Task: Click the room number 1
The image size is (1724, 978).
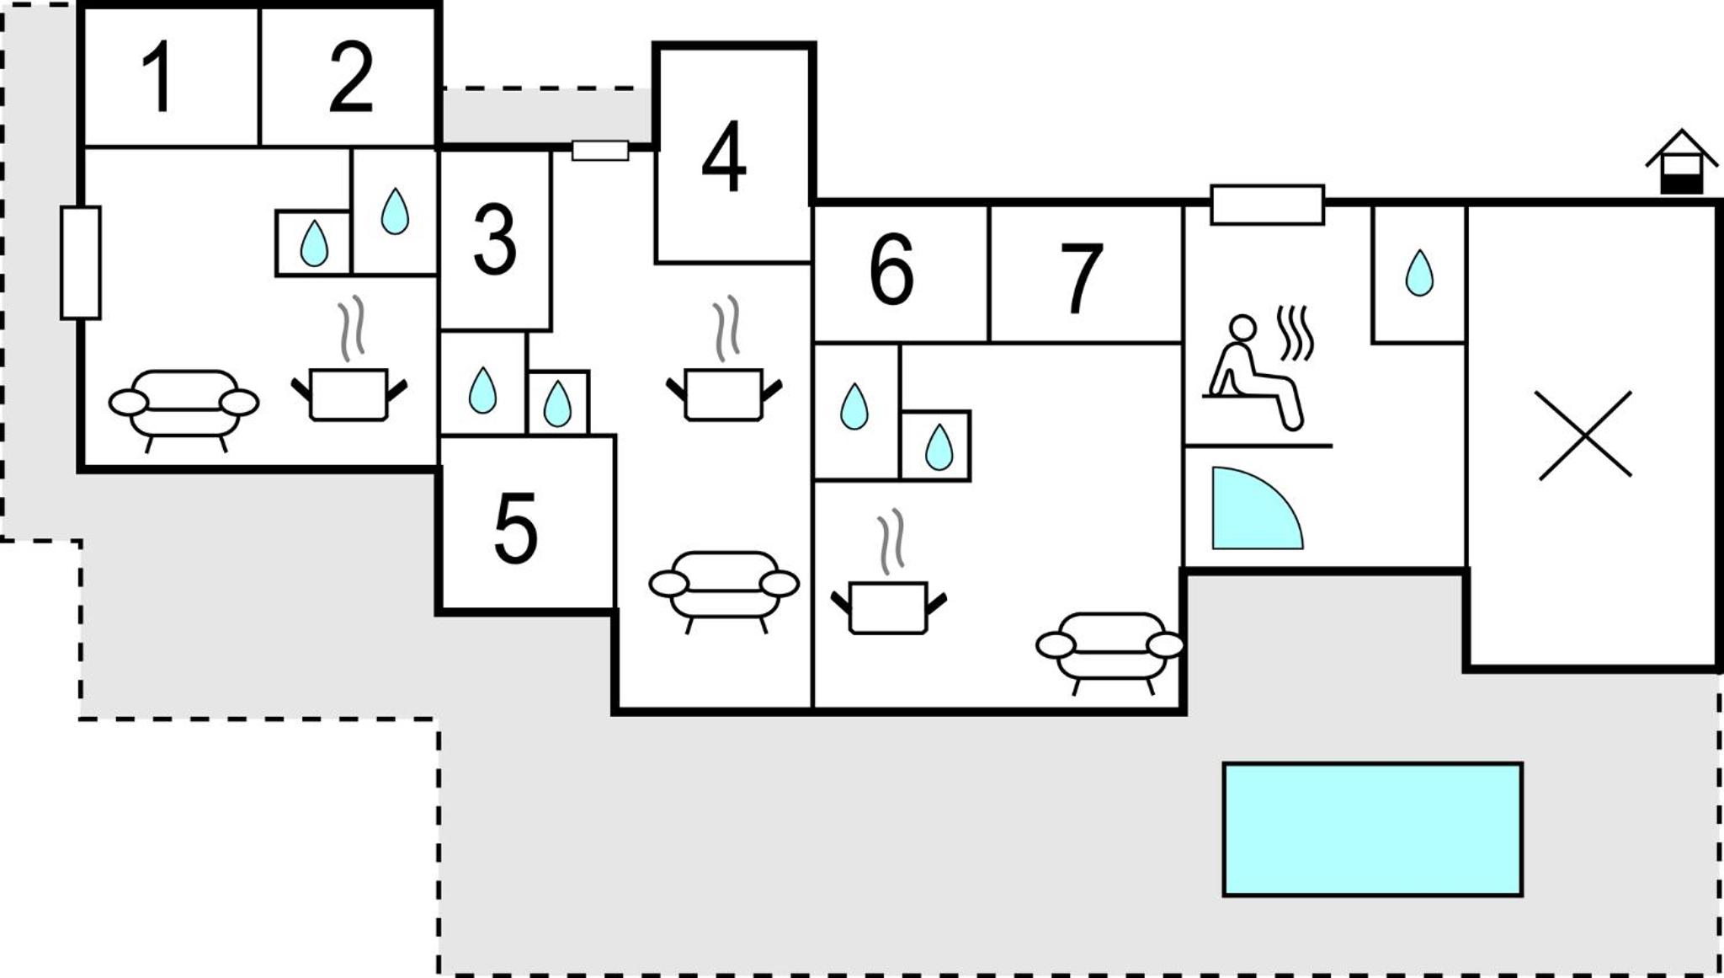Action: (158, 77)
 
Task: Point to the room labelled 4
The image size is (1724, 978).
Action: (724, 156)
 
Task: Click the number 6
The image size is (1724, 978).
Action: (891, 269)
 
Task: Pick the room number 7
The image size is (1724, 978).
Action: (1081, 278)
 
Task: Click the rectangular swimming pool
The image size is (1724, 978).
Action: (1373, 829)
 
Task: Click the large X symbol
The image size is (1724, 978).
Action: (1585, 436)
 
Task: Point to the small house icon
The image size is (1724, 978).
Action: (1681, 162)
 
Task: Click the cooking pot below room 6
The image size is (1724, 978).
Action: (888, 573)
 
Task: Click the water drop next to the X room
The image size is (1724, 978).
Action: (1419, 272)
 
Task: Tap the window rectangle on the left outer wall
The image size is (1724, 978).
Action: (81, 263)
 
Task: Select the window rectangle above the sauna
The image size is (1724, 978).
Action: (1268, 205)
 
